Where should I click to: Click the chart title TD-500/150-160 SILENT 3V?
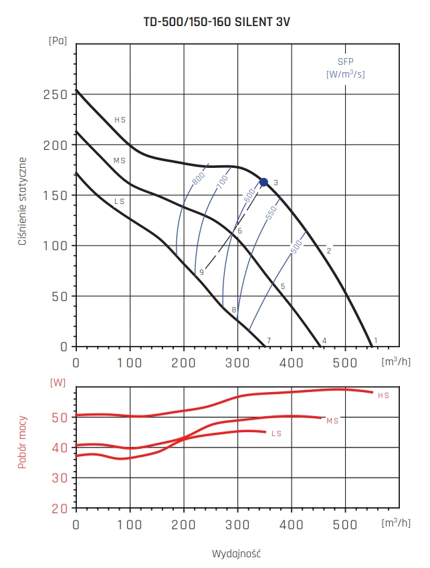click(x=217, y=21)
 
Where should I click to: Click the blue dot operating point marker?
click(x=263, y=182)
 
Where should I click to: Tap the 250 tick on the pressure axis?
click(x=55, y=94)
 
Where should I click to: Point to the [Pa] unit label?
click(x=58, y=40)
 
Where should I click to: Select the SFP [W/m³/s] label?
click(x=345, y=68)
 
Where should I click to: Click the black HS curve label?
click(x=120, y=120)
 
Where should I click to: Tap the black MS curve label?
click(x=120, y=161)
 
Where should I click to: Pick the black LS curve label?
click(x=120, y=201)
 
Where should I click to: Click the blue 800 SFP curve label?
click(x=197, y=179)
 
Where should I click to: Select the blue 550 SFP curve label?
click(x=270, y=212)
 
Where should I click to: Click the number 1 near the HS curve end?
click(x=376, y=341)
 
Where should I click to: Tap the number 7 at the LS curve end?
click(x=269, y=341)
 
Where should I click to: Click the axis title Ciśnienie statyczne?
click(x=22, y=201)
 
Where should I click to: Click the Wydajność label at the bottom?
click(x=235, y=553)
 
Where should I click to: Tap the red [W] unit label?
click(x=58, y=383)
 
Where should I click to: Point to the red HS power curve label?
click(x=383, y=395)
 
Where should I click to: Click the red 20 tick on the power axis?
click(x=60, y=508)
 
